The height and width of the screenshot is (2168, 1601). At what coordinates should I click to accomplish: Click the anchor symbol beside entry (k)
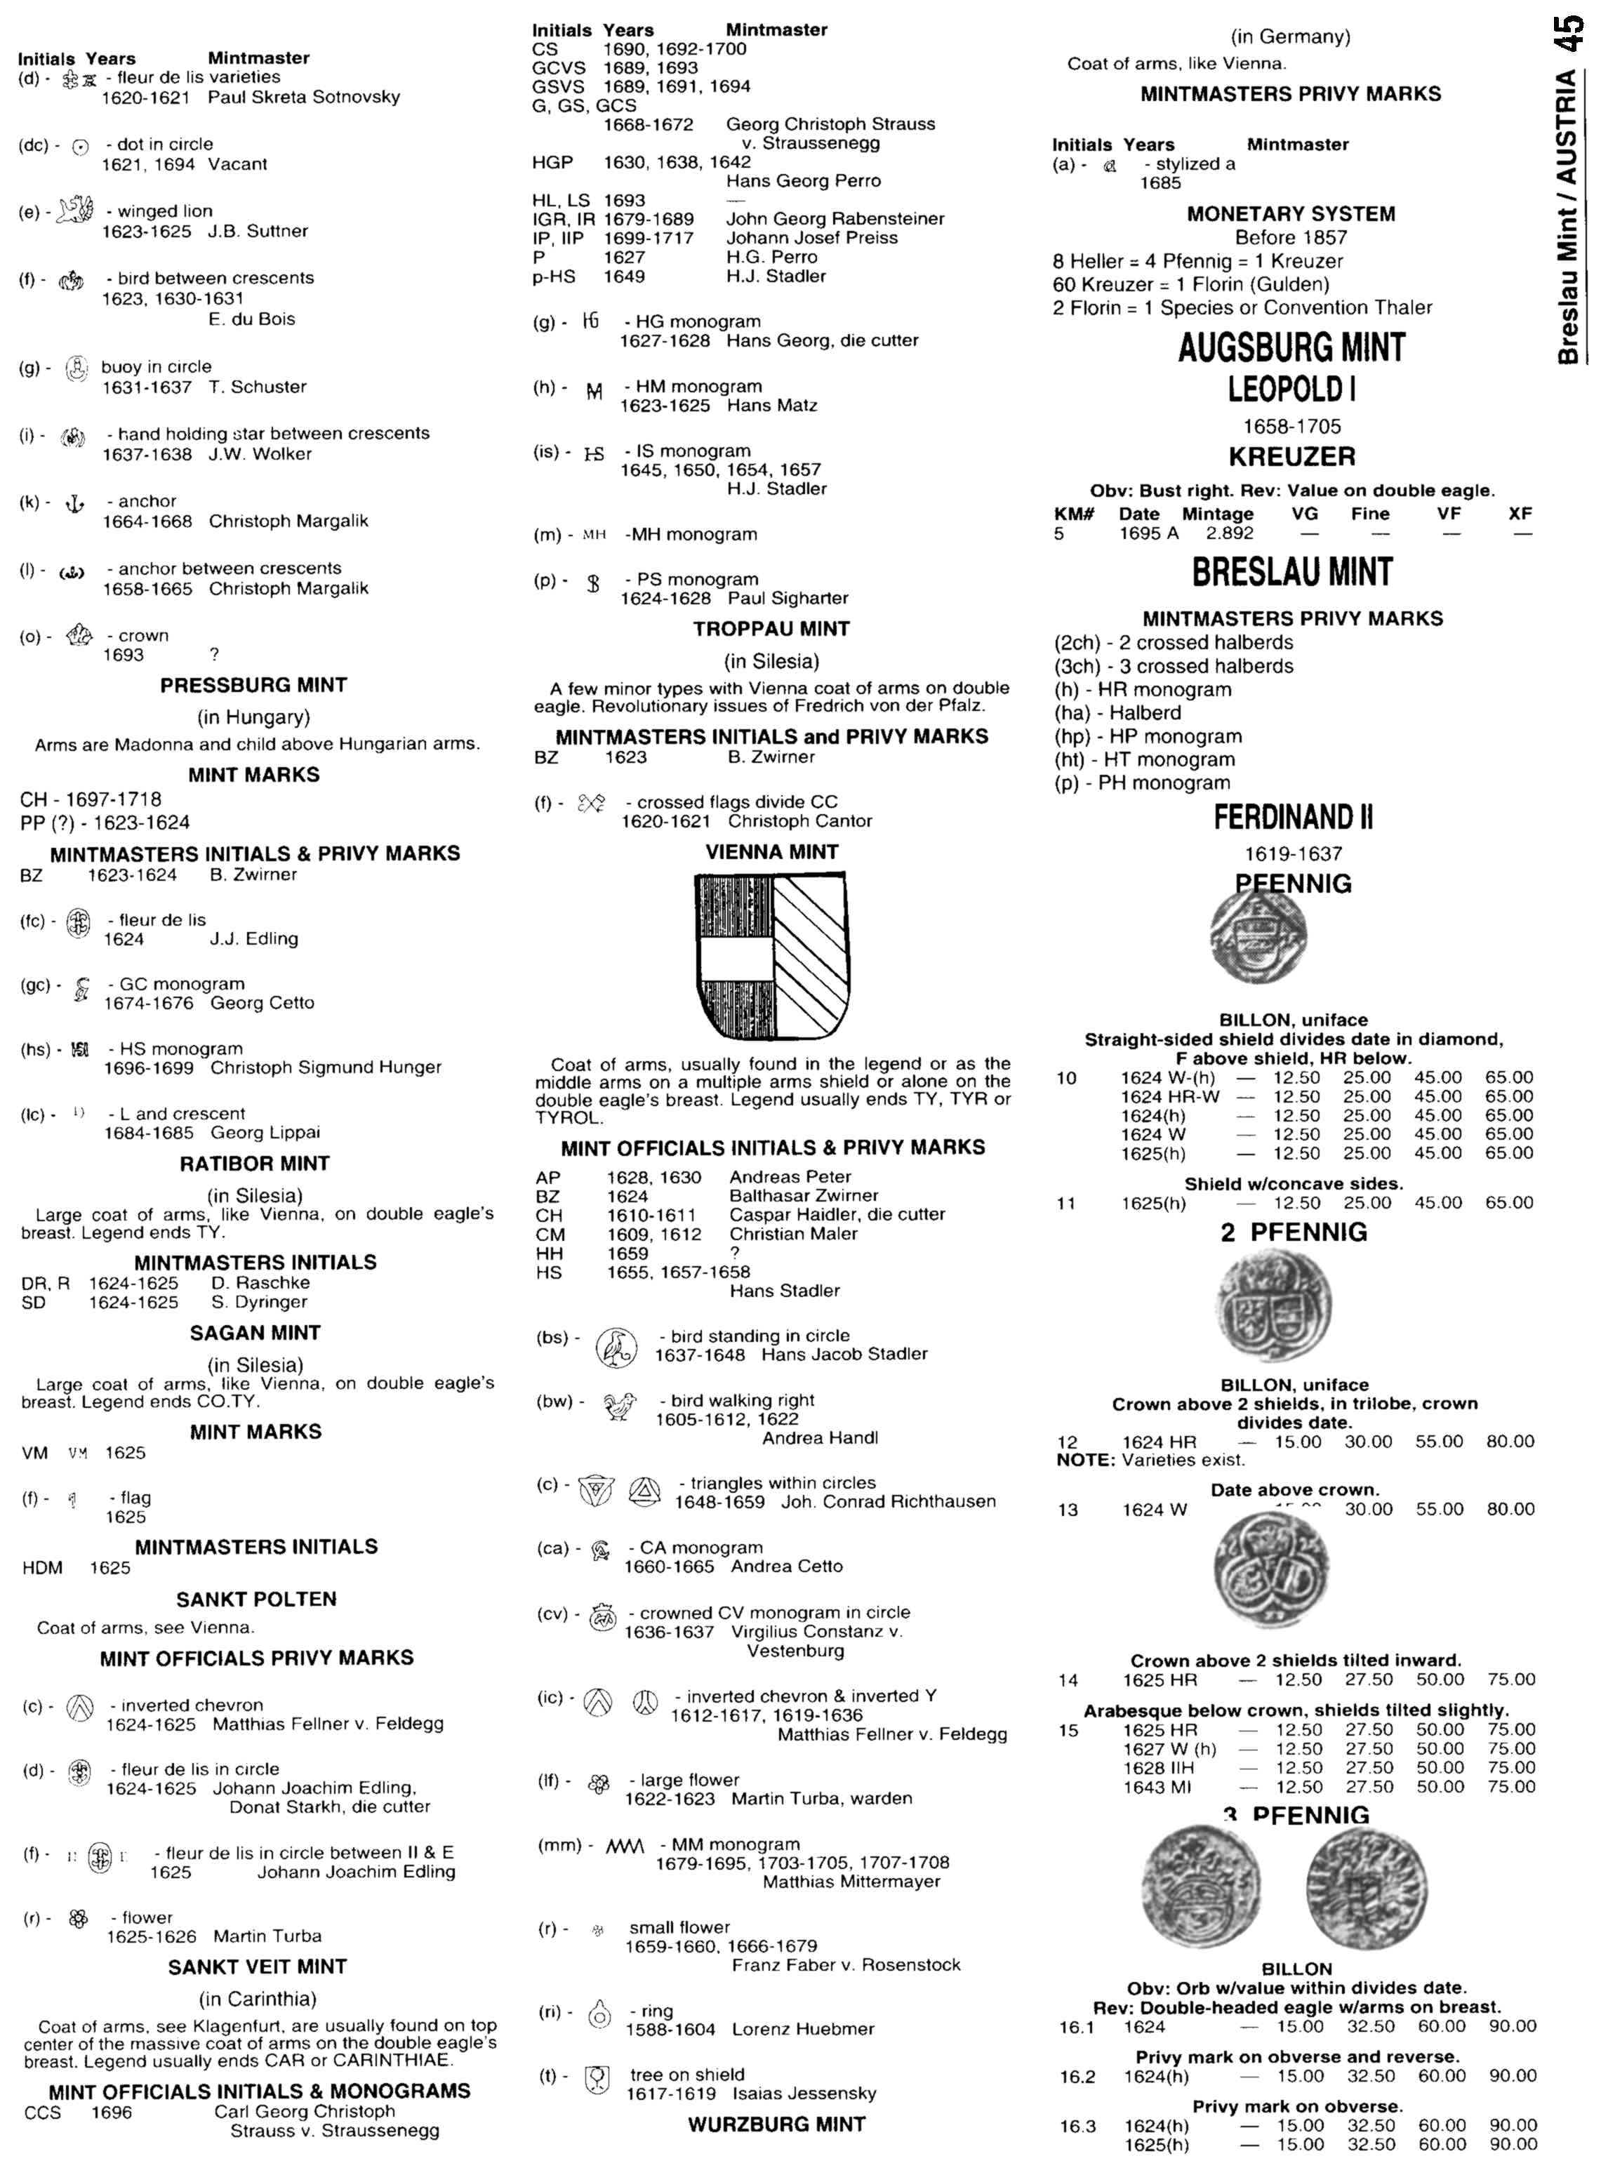(74, 503)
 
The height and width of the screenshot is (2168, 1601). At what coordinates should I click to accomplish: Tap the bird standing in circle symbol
(616, 1347)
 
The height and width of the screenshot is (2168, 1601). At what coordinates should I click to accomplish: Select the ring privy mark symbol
(600, 2016)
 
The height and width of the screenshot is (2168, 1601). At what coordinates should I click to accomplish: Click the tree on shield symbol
(598, 2079)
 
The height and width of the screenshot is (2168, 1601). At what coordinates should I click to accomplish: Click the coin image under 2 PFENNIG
(1273, 1305)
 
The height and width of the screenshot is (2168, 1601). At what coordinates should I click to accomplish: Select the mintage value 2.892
(1229, 533)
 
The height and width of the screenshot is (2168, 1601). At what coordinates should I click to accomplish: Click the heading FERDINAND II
(1293, 817)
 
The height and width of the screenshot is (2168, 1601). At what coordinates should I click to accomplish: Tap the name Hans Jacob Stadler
(844, 1354)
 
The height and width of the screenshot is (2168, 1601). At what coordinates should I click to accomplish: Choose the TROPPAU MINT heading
(771, 629)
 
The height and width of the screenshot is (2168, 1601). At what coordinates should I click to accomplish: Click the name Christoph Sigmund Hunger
(326, 1067)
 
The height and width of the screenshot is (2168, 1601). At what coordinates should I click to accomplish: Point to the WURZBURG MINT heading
(776, 2124)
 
